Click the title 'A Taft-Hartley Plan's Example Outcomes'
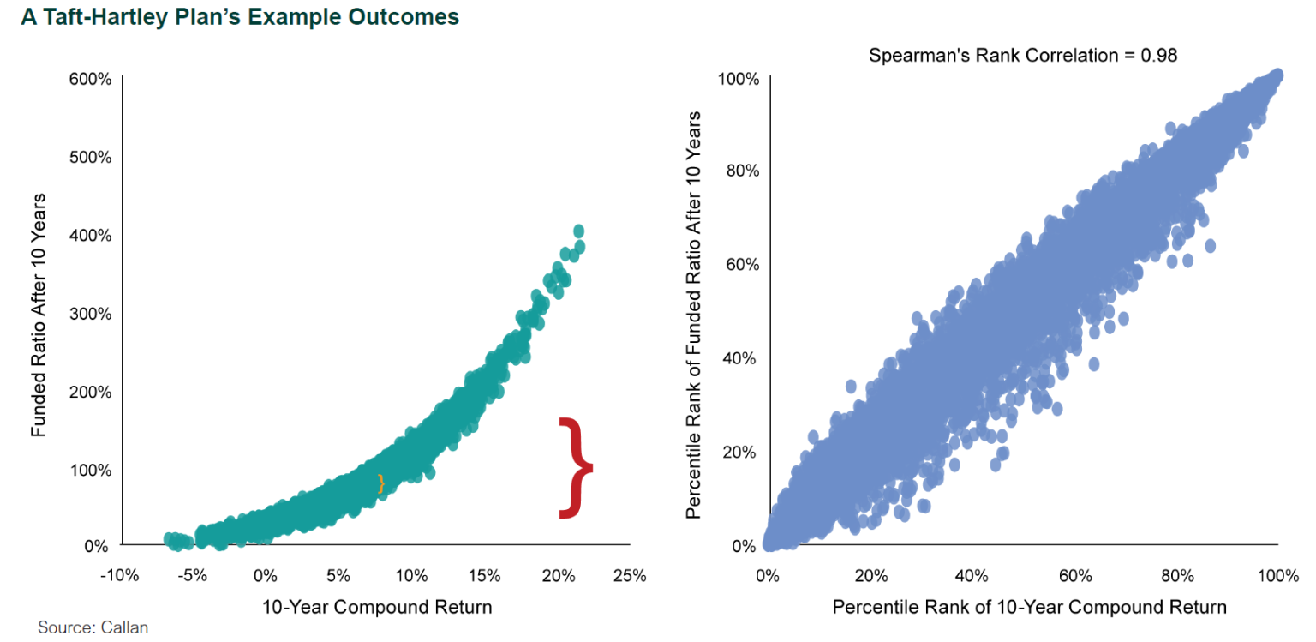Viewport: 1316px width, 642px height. click(x=240, y=17)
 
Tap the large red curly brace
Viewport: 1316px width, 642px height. click(x=575, y=468)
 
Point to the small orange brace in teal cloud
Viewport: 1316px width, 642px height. click(x=381, y=483)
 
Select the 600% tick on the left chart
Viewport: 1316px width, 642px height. click(x=90, y=79)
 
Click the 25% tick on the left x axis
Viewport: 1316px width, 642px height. click(x=630, y=575)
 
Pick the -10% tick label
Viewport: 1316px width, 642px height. click(x=119, y=575)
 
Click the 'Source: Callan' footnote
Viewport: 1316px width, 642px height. click(x=87, y=627)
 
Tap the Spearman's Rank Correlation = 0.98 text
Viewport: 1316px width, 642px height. click(x=1023, y=56)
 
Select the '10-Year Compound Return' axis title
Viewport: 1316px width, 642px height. click(x=379, y=608)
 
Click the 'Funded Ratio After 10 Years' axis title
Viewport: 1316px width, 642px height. click(x=39, y=315)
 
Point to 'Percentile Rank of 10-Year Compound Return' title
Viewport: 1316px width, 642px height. click(x=1029, y=608)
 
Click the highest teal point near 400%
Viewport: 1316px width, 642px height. click(x=578, y=231)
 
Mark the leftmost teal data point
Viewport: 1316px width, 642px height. click(x=169, y=538)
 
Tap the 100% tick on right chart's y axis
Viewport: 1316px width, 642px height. click(x=738, y=79)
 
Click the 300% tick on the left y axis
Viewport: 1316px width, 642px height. click(x=90, y=313)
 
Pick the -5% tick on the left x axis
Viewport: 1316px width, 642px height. click(x=192, y=575)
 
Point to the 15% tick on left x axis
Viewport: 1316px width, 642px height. click(x=484, y=575)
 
